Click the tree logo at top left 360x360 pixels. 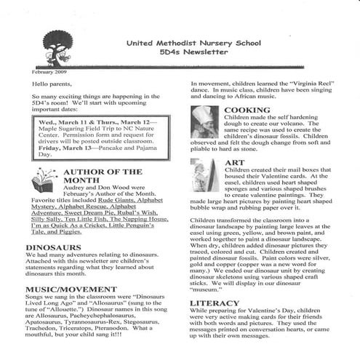click(57, 49)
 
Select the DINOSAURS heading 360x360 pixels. click(54, 248)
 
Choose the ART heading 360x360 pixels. click(234, 163)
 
